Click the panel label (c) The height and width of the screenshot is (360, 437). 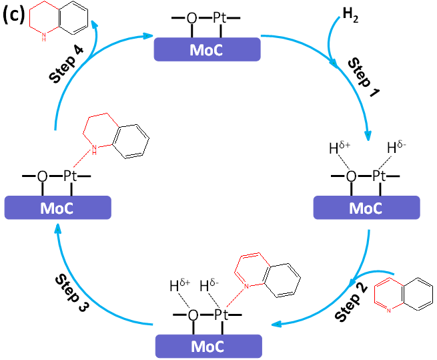coord(14,15)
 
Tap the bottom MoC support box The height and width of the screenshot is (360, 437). coord(208,347)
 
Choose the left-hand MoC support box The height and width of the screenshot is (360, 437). coord(57,207)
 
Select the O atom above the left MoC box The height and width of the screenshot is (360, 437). coord(42,176)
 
